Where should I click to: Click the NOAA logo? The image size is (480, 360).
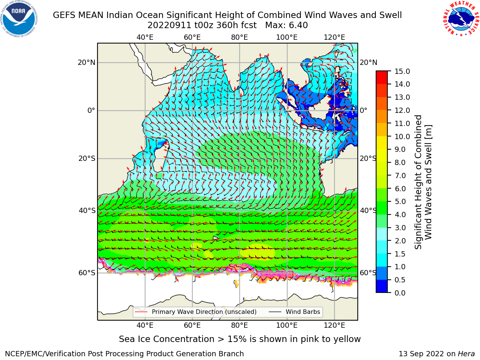coord(19,19)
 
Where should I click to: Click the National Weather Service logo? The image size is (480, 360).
coord(461,18)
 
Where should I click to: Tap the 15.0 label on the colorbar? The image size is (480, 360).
coord(402,71)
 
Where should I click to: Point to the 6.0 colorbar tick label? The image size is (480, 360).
coord(400,189)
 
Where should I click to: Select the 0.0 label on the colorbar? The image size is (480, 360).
coord(400,293)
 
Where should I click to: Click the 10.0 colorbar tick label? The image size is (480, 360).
coord(402,136)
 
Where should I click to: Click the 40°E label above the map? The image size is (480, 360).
coord(145,37)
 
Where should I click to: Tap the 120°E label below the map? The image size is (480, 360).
coord(334,325)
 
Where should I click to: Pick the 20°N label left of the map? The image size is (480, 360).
coord(87,63)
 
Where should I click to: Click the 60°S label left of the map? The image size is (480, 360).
coord(87,273)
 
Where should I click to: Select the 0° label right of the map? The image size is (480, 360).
coord(363,110)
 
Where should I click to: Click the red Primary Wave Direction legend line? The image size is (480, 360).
coord(141,312)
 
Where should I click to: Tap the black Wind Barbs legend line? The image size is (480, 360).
coord(275,312)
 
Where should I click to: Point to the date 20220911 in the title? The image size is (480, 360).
coord(169,25)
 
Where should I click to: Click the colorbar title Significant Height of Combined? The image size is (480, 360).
coord(418,182)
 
